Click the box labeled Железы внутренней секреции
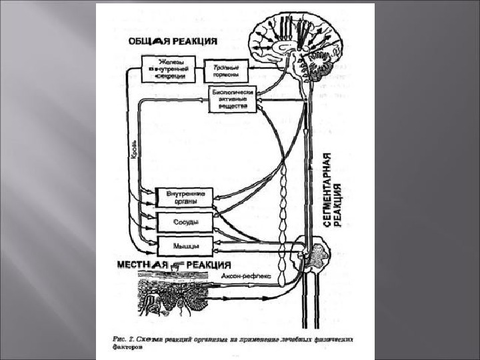click(x=169, y=69)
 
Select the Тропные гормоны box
click(x=225, y=71)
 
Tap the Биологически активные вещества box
click(x=232, y=99)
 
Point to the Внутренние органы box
click(x=184, y=197)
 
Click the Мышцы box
click(x=184, y=245)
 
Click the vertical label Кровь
click(x=135, y=148)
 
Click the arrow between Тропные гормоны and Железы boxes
click(x=200, y=70)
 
